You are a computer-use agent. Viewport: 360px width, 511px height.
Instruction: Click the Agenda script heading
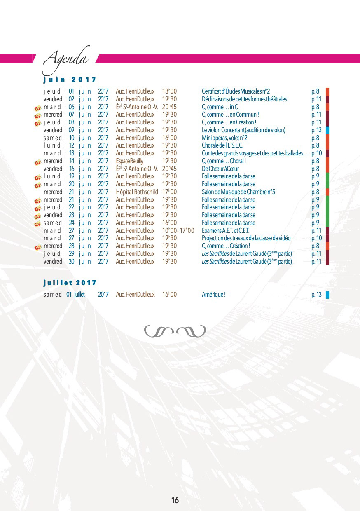pos(66,59)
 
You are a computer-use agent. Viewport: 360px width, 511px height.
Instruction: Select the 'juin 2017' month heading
pos(70,80)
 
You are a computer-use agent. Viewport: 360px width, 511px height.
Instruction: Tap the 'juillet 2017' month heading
pos(70,283)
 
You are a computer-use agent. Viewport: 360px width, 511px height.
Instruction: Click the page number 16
pos(175,500)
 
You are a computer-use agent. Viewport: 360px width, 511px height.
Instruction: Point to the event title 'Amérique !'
pos(214,295)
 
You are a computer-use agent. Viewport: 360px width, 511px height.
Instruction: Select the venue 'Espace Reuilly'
pos(129,161)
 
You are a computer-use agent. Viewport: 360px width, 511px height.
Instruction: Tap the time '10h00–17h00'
pos(178,231)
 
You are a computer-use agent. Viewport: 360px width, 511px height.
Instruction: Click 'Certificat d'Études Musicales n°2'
pos(236,91)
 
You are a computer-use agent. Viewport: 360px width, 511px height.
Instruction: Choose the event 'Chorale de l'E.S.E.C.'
pos(222,145)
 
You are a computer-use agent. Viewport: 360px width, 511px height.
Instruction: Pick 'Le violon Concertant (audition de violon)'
pos(243,130)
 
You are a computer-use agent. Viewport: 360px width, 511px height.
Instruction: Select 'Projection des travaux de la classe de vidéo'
pos(246,238)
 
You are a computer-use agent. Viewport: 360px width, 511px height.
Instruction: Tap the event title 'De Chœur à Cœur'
pos(220,169)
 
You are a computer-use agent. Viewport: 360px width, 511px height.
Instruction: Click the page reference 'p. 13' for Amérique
pos(316,295)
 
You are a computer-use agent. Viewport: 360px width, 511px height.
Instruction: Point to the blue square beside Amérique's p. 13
pos(327,295)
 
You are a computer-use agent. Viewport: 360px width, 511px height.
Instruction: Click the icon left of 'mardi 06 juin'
pos(37,107)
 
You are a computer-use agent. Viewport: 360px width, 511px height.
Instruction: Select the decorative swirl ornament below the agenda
pos(175,331)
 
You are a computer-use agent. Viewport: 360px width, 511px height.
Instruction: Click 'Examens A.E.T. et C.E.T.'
pos(226,231)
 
